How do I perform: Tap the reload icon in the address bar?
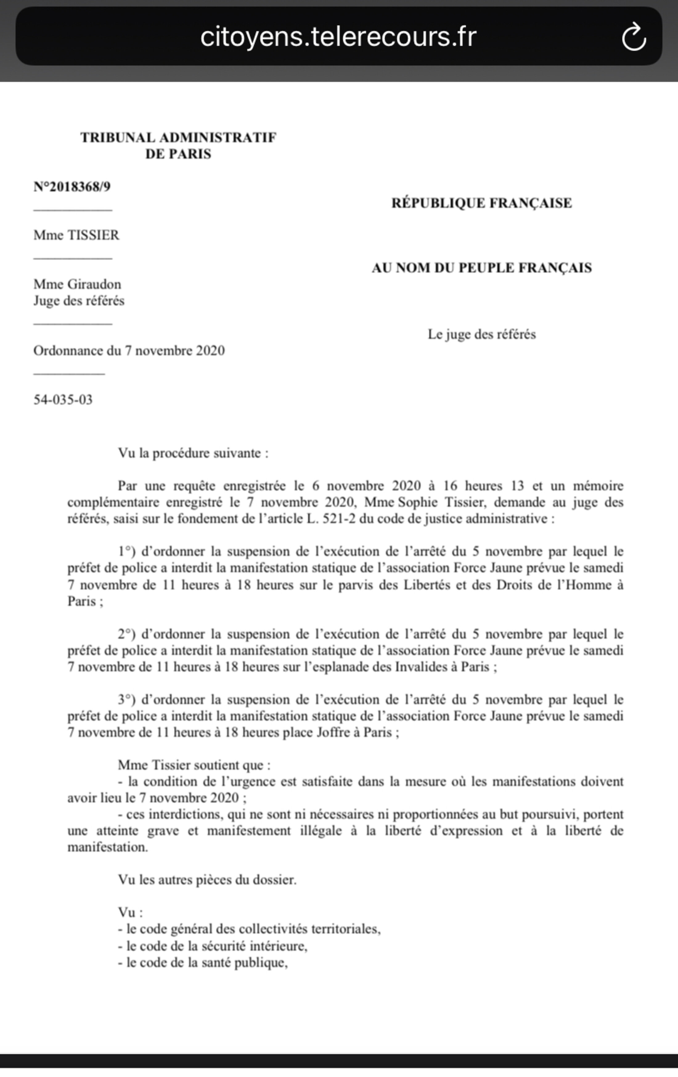(x=634, y=37)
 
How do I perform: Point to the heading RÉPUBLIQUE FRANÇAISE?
(x=482, y=203)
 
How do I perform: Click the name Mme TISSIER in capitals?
(x=76, y=235)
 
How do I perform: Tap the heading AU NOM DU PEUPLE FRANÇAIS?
(x=482, y=268)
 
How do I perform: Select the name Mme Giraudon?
(x=77, y=285)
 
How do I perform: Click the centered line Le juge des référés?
(x=482, y=334)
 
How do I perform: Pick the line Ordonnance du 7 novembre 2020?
(x=129, y=351)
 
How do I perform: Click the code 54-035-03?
(x=63, y=400)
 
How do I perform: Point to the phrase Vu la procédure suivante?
(x=193, y=453)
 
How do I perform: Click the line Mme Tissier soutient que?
(x=194, y=765)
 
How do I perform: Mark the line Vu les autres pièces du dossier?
(x=207, y=880)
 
